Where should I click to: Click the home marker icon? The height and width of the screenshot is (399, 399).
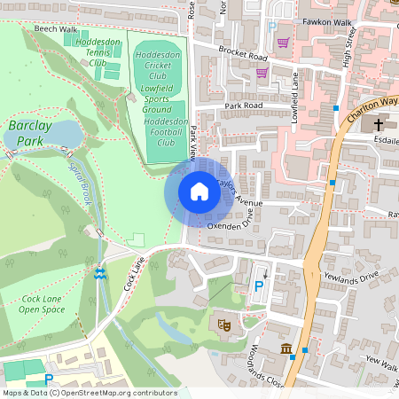(199, 192)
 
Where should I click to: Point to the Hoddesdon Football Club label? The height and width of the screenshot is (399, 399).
(166, 131)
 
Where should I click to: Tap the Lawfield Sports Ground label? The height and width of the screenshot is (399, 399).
(161, 98)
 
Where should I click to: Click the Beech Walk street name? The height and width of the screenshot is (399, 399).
(56, 29)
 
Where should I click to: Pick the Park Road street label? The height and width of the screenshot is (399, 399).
(244, 105)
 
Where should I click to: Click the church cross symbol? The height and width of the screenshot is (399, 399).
(379, 124)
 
